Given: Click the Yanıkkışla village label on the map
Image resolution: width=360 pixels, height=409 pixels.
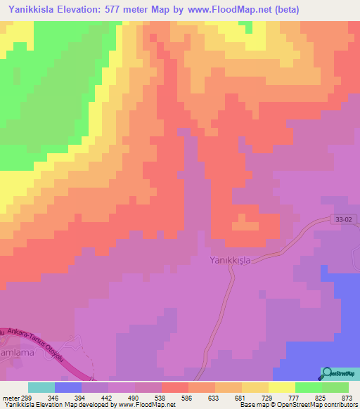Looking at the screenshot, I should (233, 259).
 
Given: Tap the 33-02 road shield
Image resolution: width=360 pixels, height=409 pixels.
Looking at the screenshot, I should (342, 220).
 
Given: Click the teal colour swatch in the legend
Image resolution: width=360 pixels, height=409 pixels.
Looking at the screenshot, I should (41, 387).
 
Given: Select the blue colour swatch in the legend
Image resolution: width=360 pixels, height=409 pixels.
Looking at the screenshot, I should (68, 387).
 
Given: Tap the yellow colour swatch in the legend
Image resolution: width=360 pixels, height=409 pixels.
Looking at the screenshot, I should (282, 387).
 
